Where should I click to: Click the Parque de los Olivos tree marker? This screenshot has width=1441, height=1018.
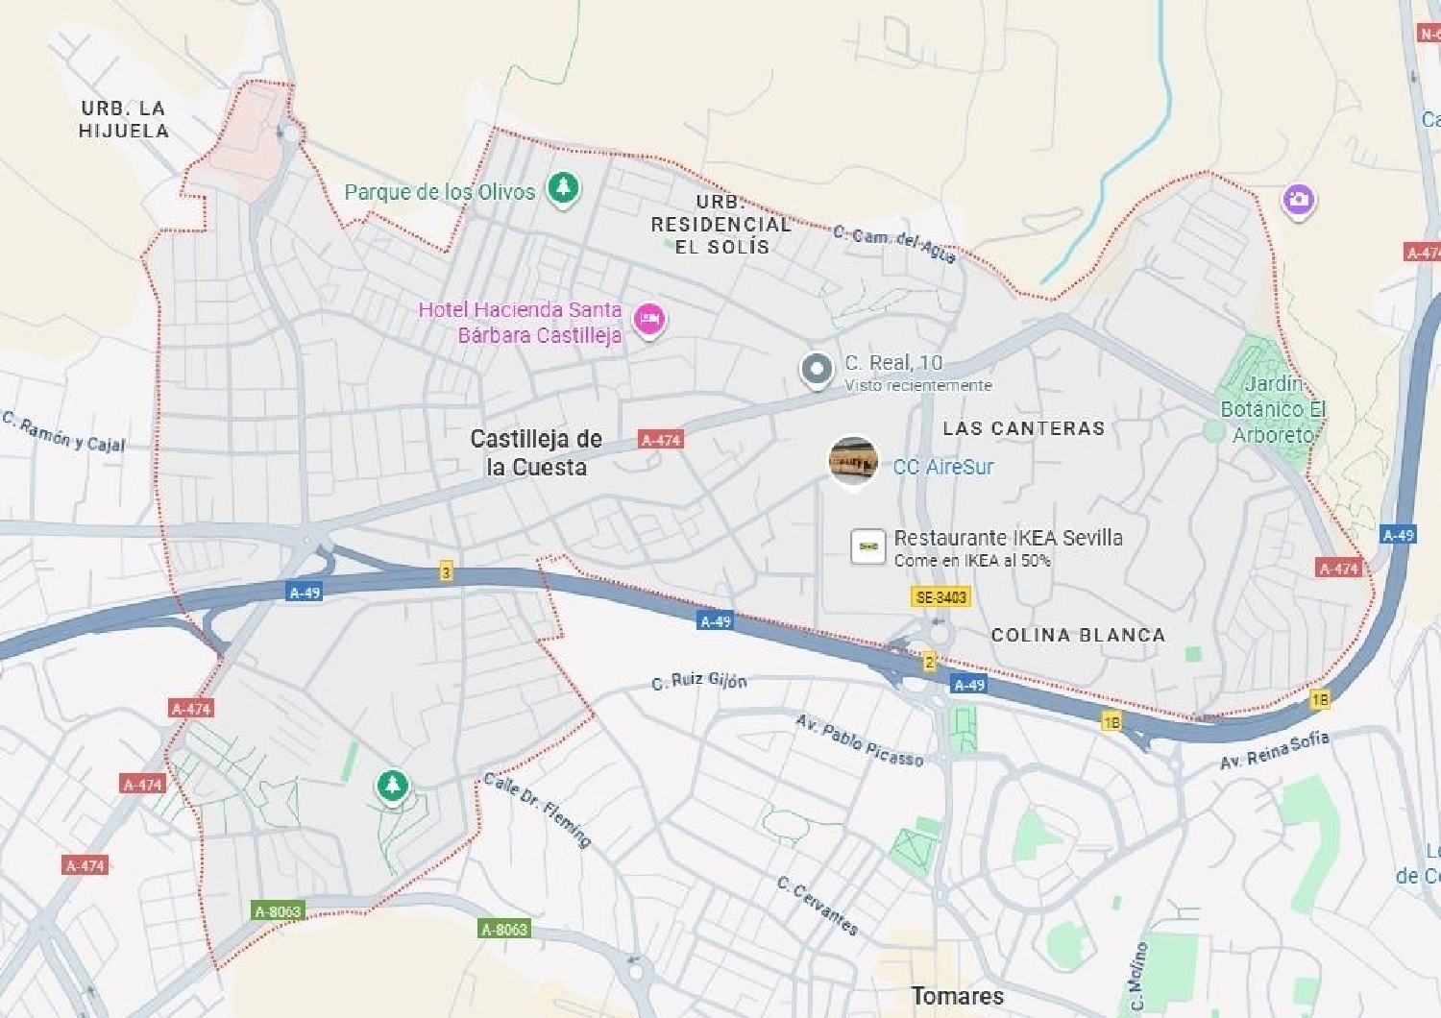pyautogui.click(x=564, y=186)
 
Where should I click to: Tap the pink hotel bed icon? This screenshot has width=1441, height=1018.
pyautogui.click(x=649, y=318)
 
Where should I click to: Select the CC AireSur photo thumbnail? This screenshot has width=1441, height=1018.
pyautogui.click(x=853, y=461)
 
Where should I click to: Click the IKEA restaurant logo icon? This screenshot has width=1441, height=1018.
pyautogui.click(x=868, y=545)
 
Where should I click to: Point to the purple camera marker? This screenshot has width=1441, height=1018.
pyautogui.click(x=1298, y=200)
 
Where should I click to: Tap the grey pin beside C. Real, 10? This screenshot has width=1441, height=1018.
pyautogui.click(x=817, y=369)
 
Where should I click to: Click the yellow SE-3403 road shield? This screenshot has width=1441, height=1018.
pyautogui.click(x=940, y=597)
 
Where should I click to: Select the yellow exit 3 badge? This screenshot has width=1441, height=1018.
pyautogui.click(x=446, y=572)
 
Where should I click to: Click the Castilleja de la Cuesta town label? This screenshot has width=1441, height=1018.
pyautogui.click(x=536, y=453)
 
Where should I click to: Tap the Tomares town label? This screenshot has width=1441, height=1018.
pyautogui.click(x=957, y=996)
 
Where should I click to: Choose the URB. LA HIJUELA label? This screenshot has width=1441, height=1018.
pyautogui.click(x=124, y=120)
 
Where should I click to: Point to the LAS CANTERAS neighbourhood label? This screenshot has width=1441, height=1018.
pyautogui.click(x=1023, y=428)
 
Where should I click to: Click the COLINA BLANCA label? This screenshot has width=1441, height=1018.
pyautogui.click(x=1078, y=635)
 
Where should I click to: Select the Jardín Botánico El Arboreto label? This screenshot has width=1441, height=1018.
pyautogui.click(x=1273, y=409)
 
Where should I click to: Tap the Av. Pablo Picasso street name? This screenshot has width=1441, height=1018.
pyautogui.click(x=859, y=740)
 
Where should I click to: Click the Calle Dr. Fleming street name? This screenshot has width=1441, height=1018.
pyautogui.click(x=537, y=810)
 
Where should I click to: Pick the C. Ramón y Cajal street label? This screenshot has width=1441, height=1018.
pyautogui.click(x=63, y=431)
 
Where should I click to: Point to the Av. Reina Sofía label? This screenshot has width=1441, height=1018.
pyautogui.click(x=1275, y=750)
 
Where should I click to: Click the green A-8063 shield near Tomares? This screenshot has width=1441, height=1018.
pyautogui.click(x=504, y=929)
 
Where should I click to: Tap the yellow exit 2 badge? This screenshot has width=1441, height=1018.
pyautogui.click(x=929, y=661)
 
